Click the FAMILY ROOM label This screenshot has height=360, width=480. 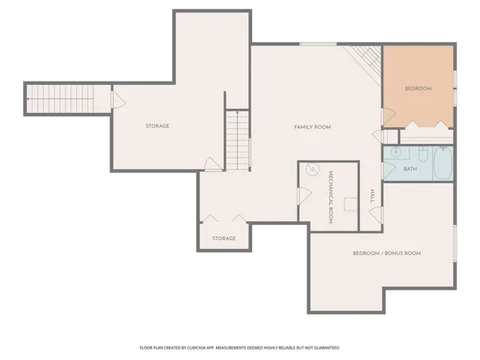[312, 127]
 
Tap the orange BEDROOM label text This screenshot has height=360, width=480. [418, 89]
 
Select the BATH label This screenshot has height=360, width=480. [410, 169]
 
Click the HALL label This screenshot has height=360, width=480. [372, 196]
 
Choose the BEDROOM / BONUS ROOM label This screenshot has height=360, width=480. [386, 254]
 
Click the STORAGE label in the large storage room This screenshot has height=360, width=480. [157, 126]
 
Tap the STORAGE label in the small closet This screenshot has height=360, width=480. [224, 238]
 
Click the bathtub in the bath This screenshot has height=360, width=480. [441, 165]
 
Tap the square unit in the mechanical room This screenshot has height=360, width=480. [350, 203]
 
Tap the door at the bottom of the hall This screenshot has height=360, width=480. [376, 215]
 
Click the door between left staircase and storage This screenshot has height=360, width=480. [117, 100]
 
